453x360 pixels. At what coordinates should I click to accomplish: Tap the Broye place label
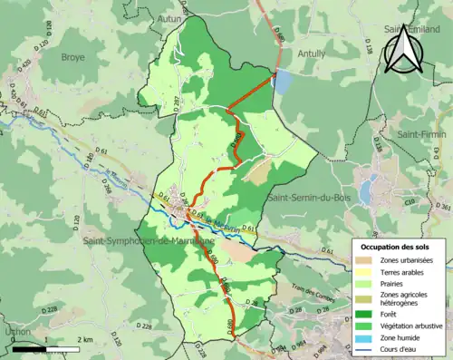[72, 56]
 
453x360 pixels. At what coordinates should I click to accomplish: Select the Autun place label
[193, 17]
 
